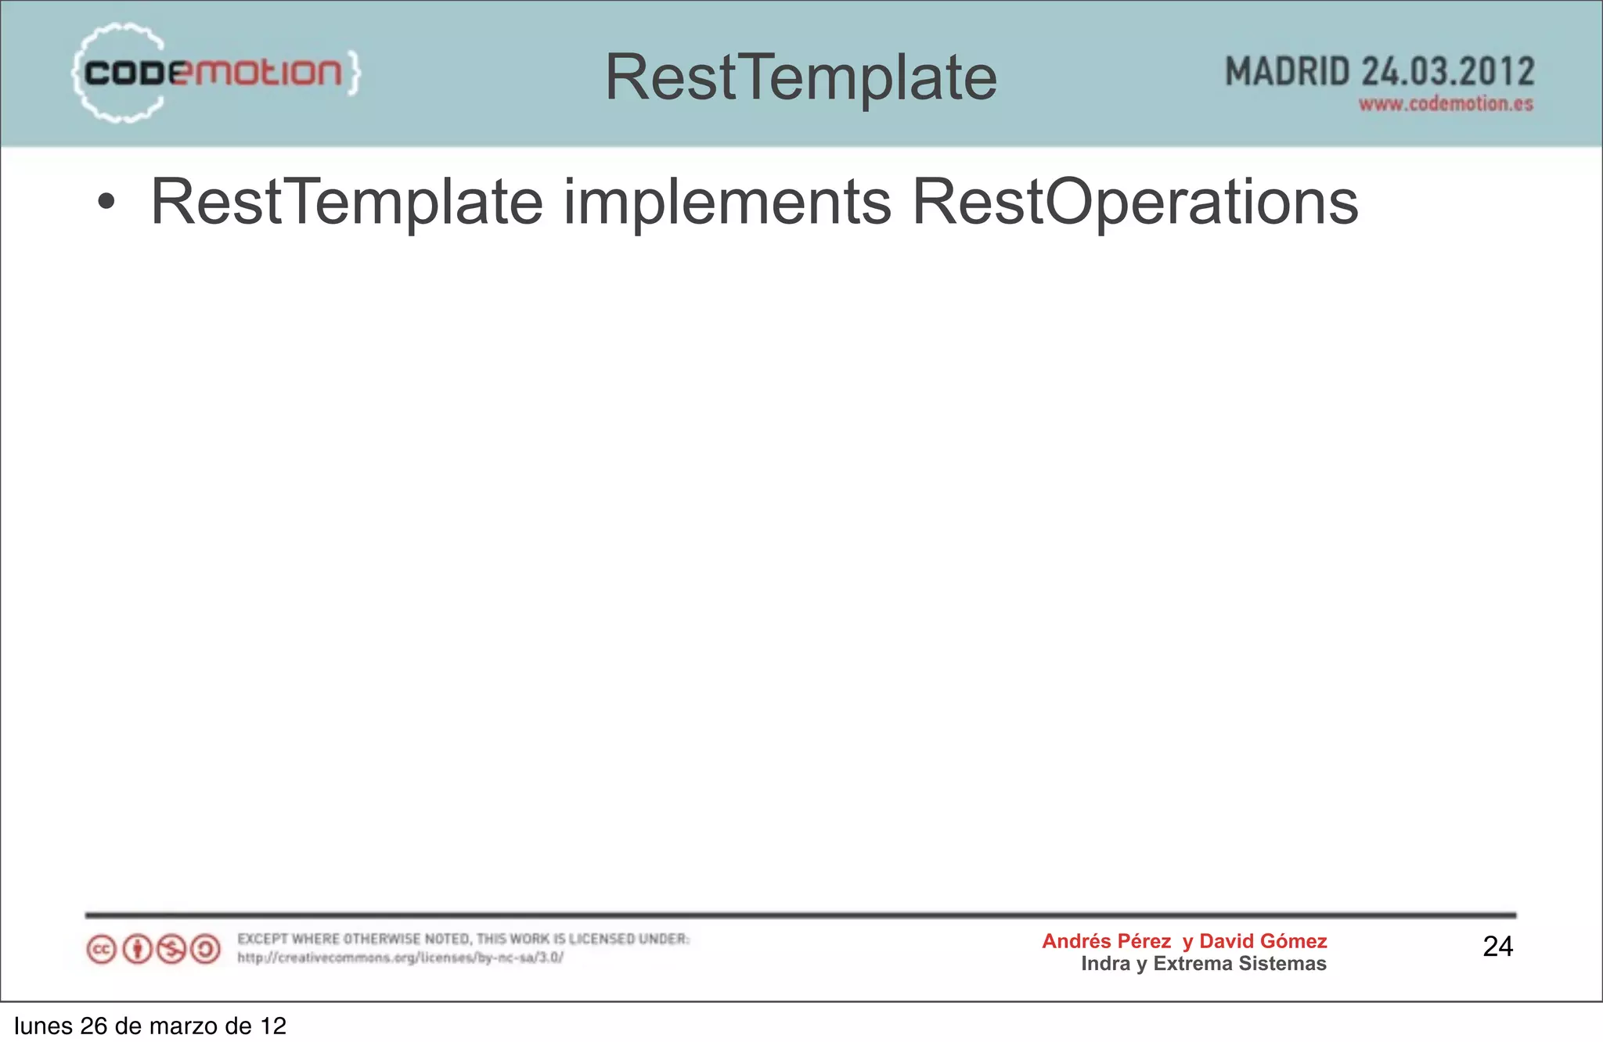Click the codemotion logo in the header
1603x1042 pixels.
[x=215, y=74]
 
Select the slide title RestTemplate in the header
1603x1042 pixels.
[x=801, y=77]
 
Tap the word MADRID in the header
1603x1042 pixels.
[x=1288, y=72]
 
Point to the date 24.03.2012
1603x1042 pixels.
[x=1448, y=72]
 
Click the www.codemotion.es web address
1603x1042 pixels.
[x=1446, y=104]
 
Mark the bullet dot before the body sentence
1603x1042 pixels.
[x=106, y=203]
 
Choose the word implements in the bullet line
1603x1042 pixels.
[x=727, y=203]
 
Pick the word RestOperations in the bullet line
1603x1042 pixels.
[x=1135, y=203]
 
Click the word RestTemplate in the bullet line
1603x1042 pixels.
[x=347, y=203]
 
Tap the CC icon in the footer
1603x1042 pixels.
[x=101, y=950]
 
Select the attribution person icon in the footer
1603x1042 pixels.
[x=138, y=950]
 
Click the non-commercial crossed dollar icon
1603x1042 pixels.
[x=171, y=950]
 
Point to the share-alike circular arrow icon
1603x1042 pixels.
[x=206, y=950]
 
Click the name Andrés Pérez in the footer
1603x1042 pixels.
[x=1106, y=941]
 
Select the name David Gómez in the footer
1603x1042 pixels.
[x=1263, y=941]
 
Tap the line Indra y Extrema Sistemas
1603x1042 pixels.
[x=1204, y=964]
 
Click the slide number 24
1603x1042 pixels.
[x=1497, y=947]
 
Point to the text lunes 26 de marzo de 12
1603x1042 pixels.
[x=150, y=1026]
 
